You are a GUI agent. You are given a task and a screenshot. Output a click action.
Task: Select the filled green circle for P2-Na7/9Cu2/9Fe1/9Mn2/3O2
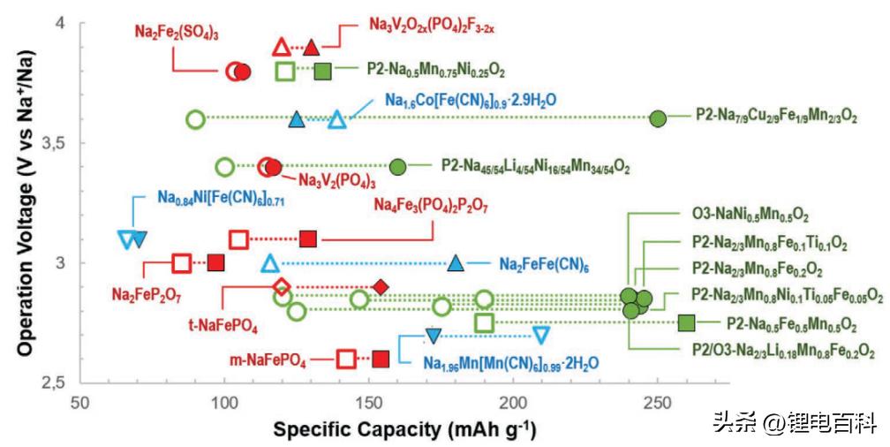657,118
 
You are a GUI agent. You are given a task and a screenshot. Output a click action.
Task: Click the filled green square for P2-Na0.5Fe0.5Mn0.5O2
686,322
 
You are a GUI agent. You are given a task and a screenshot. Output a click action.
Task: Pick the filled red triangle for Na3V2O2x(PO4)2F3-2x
310,47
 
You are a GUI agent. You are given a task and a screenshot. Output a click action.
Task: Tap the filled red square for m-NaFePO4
381,358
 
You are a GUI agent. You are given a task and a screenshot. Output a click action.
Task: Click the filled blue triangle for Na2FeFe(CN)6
455,262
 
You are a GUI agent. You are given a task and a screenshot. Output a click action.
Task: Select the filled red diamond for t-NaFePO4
381,286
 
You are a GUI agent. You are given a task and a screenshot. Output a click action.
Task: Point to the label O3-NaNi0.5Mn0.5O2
750,215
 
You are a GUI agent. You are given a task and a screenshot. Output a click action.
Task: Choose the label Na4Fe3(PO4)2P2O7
431,206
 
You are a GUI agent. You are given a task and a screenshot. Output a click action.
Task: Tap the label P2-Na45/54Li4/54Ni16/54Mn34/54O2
536,166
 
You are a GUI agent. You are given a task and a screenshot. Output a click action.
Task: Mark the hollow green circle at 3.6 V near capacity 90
196,118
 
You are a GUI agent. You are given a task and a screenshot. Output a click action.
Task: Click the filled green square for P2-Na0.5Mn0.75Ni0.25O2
323,71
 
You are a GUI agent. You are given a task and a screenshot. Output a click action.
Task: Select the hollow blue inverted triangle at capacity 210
541,335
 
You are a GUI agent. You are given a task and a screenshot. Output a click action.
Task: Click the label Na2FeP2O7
147,292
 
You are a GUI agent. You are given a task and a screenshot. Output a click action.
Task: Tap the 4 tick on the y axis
62,23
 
